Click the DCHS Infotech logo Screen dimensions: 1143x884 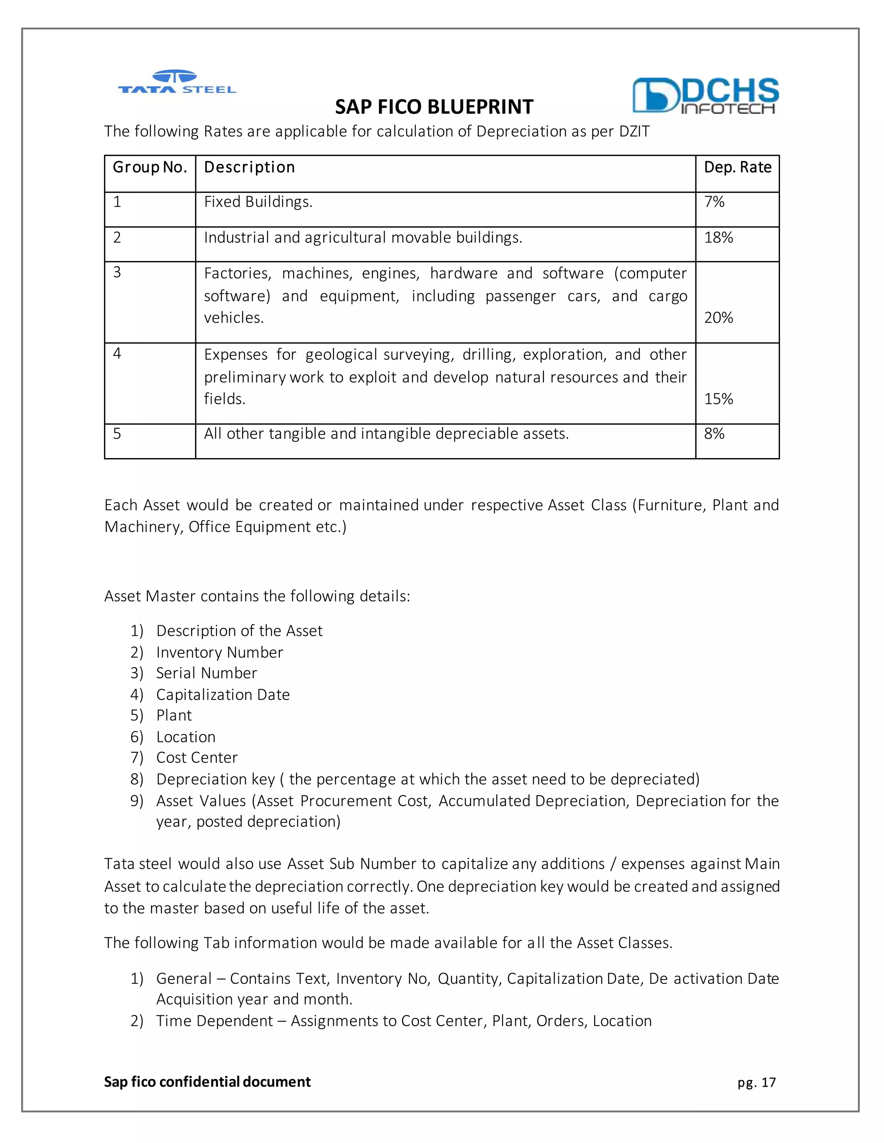(705, 95)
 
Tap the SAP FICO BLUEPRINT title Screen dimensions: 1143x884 (434, 107)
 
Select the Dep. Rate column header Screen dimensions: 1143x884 (737, 167)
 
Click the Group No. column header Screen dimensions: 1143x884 (150, 167)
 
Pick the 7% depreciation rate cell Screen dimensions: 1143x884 (714, 202)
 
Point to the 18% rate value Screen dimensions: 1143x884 (719, 238)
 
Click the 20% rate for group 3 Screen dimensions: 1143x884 (719, 318)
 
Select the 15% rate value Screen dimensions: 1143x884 (719, 399)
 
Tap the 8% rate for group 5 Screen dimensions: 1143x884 (714, 434)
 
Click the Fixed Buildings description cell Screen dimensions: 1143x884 (258, 202)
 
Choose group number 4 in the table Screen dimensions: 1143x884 (117, 354)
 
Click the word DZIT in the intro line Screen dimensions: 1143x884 (634, 132)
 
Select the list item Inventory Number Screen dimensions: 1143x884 (219, 653)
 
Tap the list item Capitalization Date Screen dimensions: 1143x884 (223, 695)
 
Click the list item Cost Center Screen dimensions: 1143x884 (197, 758)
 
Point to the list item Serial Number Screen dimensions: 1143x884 (206, 673)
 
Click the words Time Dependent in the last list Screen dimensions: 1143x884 (214, 1021)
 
